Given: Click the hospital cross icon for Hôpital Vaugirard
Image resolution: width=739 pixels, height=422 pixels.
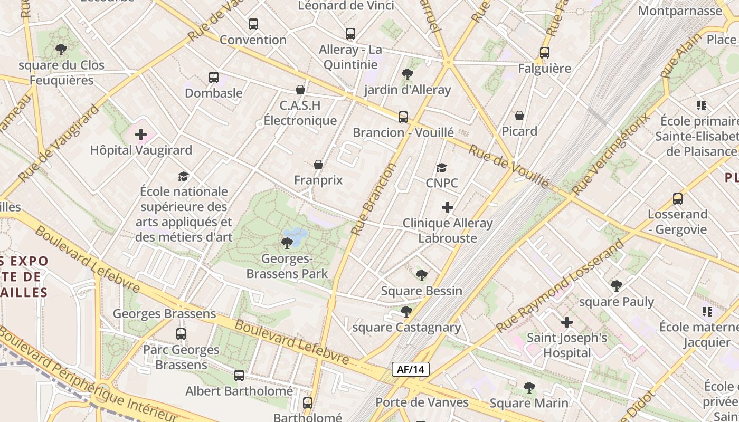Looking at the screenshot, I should point(141,135).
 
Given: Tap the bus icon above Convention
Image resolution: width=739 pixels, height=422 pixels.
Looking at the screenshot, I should point(253,24).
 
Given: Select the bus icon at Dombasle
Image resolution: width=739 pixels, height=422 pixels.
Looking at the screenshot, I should point(214,78).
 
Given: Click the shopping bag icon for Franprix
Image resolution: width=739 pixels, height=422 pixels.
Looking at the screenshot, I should point(318,165).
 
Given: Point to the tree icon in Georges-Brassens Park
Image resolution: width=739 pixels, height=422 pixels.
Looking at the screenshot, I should point(287,243).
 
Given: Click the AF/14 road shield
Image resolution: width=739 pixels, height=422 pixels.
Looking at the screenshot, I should point(410,369).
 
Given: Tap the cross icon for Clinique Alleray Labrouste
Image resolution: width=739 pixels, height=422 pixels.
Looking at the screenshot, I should point(448,207).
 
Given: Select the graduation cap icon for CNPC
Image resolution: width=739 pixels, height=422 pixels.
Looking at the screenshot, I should point(442,168).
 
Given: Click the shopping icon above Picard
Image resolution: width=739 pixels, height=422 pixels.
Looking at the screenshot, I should point(519,116).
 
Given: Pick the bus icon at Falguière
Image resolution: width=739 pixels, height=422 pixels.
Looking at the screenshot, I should point(545,53).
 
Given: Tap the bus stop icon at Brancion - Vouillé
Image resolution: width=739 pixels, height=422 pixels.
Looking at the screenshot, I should point(403,117).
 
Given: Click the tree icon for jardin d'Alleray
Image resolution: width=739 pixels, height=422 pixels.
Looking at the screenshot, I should point(407,74).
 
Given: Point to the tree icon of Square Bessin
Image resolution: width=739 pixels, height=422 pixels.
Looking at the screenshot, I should point(421,275).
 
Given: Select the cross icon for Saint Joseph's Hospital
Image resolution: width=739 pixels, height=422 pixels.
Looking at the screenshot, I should point(567,322).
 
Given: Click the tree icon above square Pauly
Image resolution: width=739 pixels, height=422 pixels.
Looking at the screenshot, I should point(616,286).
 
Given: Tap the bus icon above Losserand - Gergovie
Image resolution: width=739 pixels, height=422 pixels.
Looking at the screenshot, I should point(678,199).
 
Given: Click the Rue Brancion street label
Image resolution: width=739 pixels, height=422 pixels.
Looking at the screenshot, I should point(374,199).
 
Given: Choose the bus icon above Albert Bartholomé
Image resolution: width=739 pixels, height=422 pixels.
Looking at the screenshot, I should point(239,375).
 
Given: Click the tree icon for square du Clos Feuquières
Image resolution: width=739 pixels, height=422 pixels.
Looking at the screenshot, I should point(61,50).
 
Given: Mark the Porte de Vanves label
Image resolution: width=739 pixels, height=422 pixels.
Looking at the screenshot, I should point(422,402).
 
